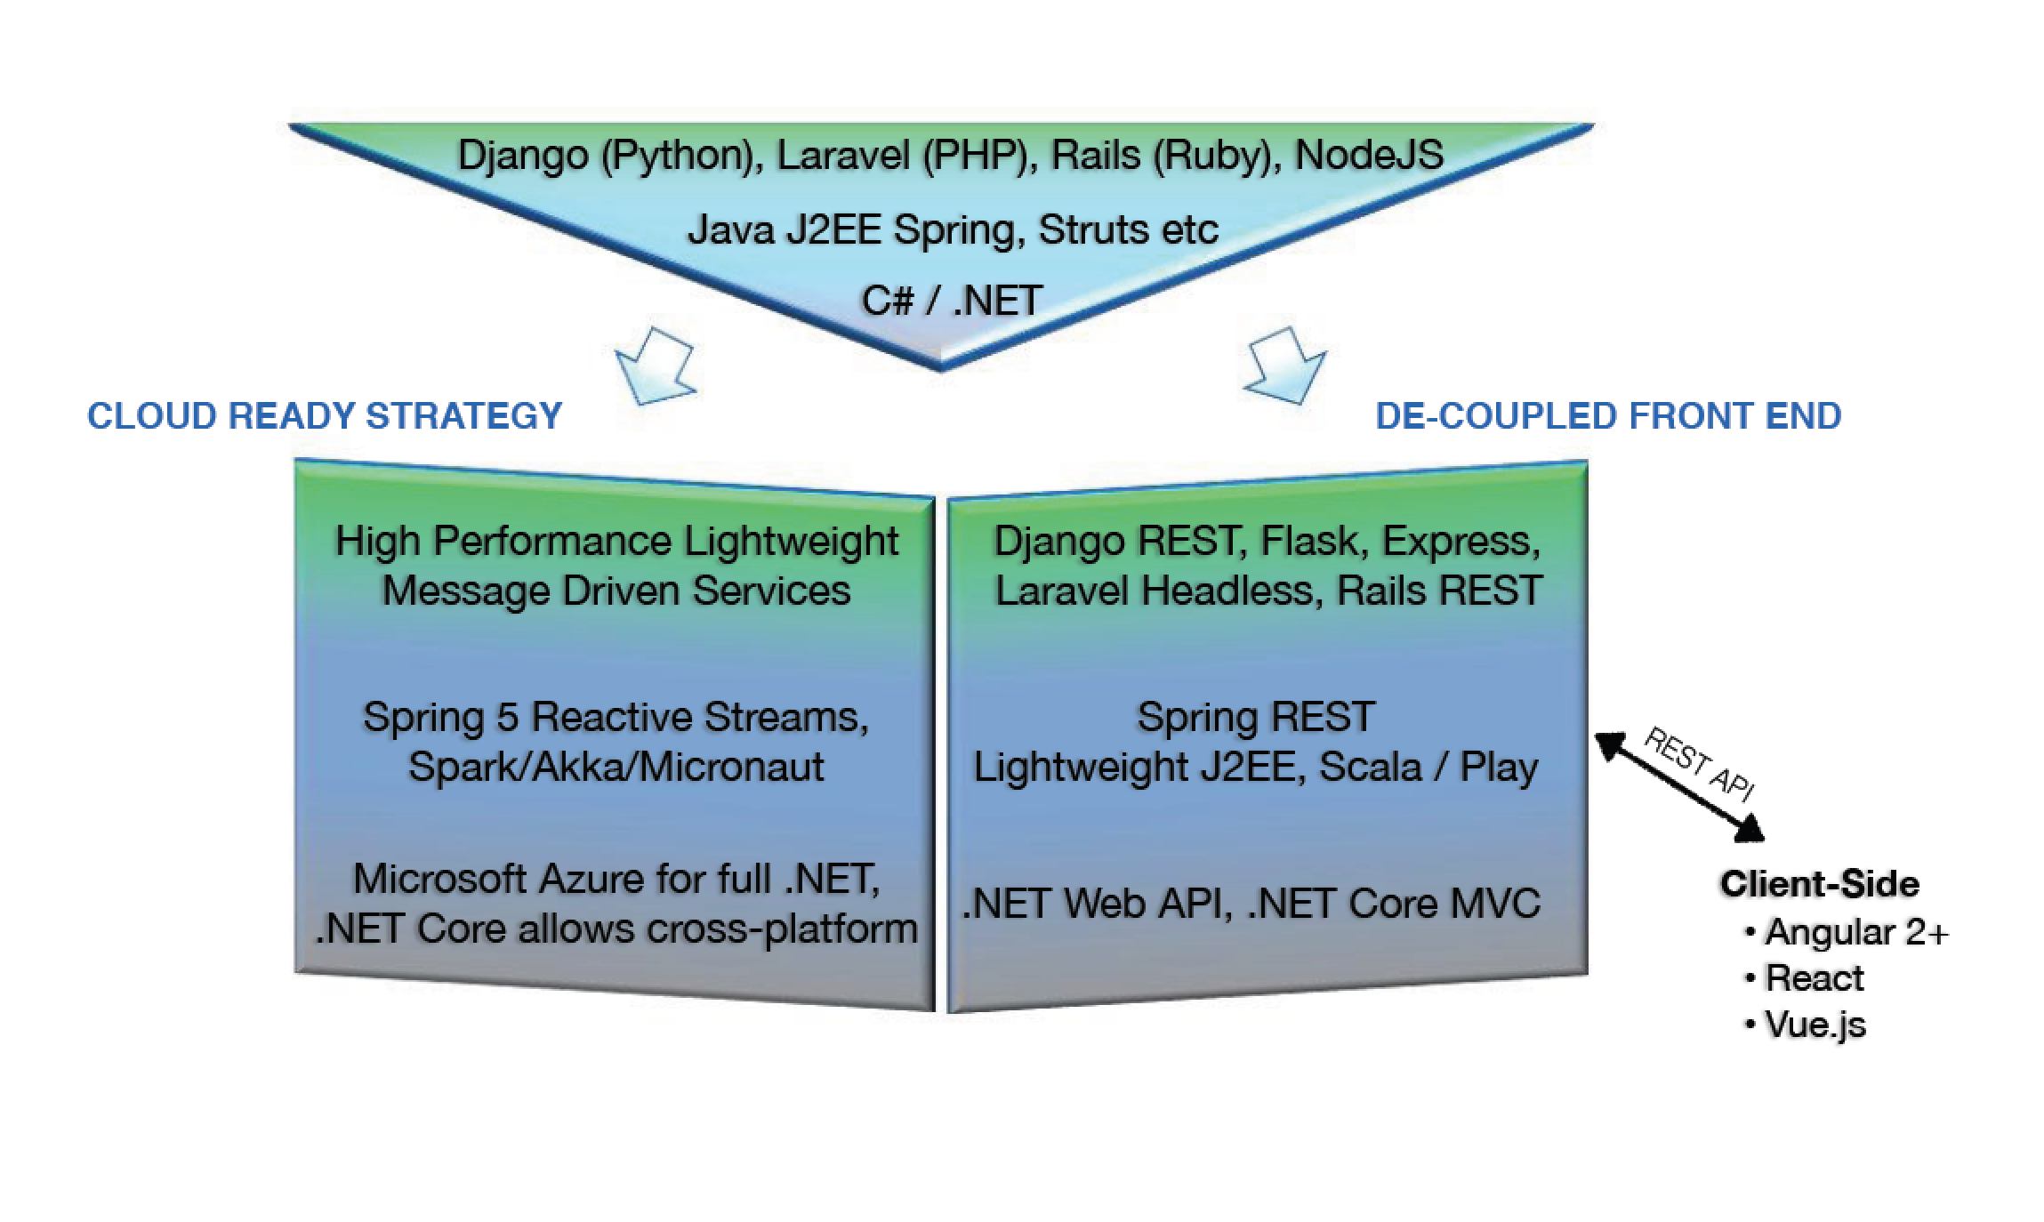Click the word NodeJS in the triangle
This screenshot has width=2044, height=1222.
point(1368,156)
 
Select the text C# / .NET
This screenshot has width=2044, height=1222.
point(952,301)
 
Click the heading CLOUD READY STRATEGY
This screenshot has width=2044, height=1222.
point(325,416)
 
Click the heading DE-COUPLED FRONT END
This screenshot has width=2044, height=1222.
point(1607,416)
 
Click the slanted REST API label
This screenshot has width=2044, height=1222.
point(1699,763)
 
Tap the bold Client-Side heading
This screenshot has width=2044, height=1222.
point(1819,884)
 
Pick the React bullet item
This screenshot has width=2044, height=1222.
point(1813,978)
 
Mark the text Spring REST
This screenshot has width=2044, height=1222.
point(1255,718)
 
